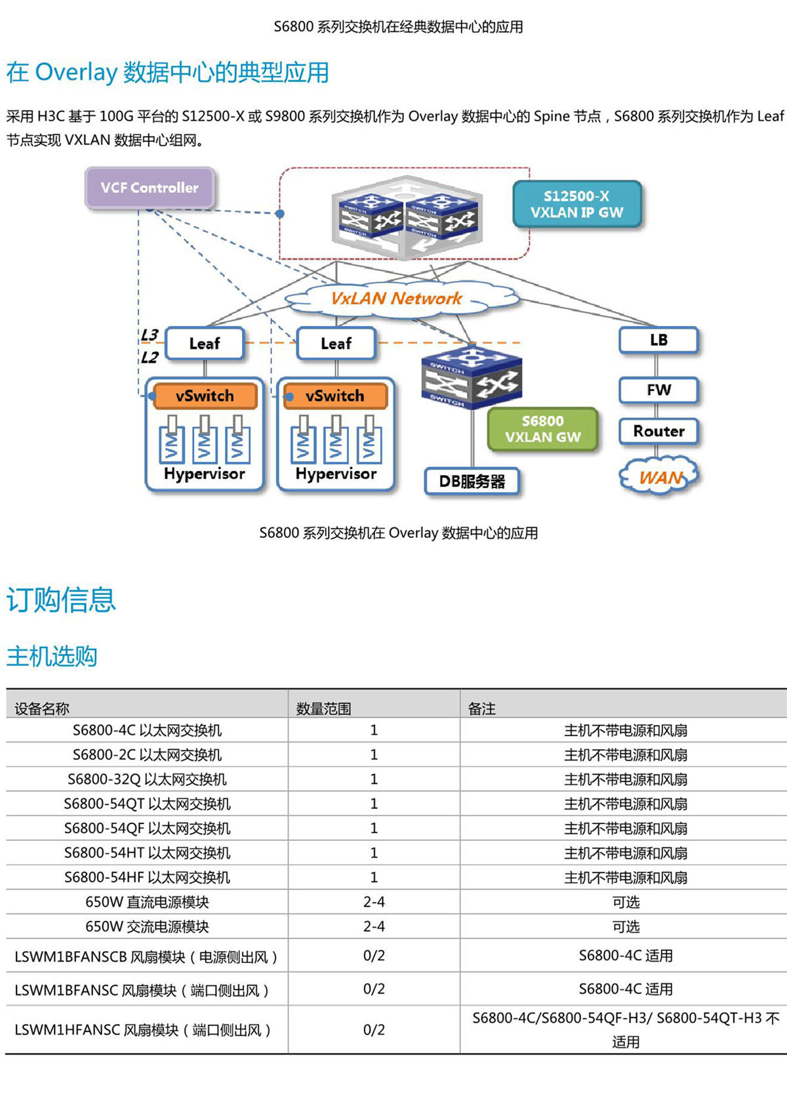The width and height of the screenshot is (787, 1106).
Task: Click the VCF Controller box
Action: click(150, 188)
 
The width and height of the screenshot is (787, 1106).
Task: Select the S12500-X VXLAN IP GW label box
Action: click(576, 204)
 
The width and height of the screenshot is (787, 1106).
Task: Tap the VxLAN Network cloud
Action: click(396, 298)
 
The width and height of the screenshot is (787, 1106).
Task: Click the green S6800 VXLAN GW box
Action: click(542, 429)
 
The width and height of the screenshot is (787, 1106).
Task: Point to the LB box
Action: click(658, 340)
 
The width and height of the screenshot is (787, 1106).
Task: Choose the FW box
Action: click(658, 390)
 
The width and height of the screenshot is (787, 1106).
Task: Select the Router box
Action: click(658, 431)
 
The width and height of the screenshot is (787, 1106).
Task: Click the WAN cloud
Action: click(660, 477)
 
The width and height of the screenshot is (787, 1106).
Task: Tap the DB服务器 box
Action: click(472, 481)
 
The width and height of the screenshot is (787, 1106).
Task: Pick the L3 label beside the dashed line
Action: click(150, 335)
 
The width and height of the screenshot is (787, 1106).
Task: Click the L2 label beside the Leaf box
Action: click(150, 358)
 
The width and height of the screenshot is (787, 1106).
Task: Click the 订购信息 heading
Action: click(61, 600)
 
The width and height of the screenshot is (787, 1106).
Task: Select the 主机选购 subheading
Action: click(52, 655)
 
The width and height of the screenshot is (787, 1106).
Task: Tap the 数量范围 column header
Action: click(323, 708)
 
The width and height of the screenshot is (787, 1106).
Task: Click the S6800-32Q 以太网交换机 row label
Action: click(147, 779)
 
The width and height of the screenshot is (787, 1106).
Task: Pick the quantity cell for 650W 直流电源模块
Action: click(374, 902)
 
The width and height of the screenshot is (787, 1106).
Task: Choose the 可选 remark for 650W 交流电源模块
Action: click(625, 926)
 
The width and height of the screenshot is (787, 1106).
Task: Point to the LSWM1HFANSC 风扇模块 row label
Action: click(142, 1030)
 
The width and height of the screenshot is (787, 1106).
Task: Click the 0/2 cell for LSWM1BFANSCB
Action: click(374, 956)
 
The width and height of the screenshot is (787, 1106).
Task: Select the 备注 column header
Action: click(481, 708)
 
